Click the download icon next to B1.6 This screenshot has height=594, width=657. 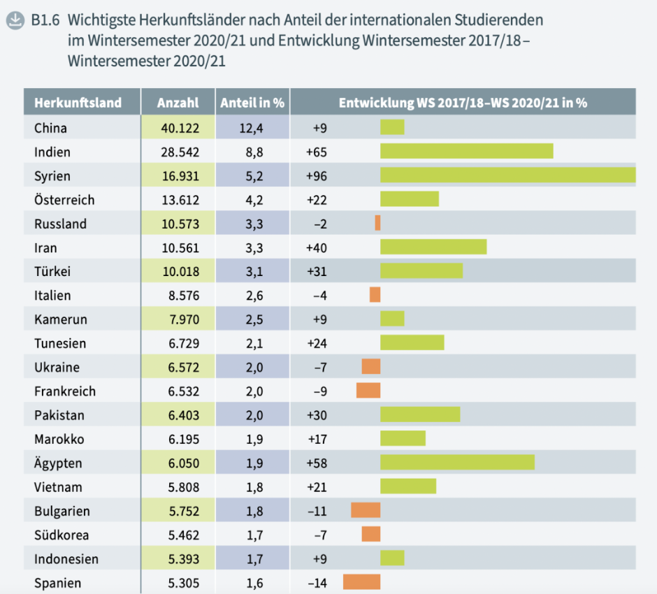13,20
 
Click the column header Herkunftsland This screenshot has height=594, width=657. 78,103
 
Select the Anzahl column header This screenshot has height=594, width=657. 178,103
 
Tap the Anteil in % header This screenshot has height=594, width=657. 252,103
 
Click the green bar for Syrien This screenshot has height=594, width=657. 507,175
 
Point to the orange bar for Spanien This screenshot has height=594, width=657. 361,583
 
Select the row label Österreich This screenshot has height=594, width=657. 64,200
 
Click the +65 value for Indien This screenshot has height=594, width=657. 317,152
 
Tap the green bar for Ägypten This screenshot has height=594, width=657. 457,463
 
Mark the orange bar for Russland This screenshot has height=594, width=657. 377,224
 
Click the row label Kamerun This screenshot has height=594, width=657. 61,319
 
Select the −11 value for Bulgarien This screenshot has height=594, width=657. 317,511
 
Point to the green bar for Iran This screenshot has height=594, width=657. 433,247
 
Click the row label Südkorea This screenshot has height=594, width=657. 62,535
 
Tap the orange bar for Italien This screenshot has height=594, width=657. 375,296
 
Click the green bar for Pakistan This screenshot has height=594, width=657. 420,415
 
